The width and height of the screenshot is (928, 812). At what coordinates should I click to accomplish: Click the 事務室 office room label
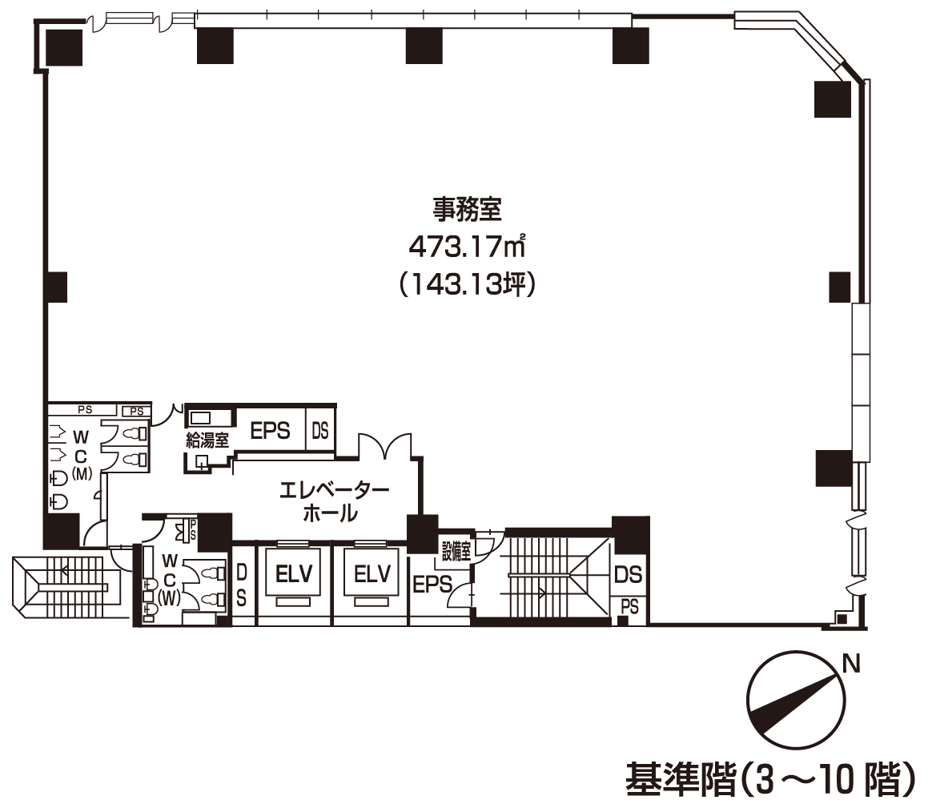(x=467, y=209)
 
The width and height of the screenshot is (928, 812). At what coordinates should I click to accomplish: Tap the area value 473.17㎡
(x=467, y=246)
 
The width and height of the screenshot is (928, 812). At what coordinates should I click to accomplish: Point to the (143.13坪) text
(x=467, y=284)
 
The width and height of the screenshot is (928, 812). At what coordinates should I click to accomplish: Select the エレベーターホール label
(x=333, y=500)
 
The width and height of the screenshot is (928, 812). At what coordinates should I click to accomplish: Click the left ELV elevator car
(x=294, y=573)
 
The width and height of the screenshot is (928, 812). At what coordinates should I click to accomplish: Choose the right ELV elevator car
(x=372, y=573)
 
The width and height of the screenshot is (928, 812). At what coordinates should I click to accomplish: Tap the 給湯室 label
(x=207, y=440)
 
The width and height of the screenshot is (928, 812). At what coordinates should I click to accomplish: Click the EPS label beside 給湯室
(x=270, y=430)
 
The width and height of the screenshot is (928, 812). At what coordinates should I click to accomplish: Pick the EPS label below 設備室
(x=432, y=585)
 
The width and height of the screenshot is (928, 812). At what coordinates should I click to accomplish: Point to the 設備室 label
(x=456, y=552)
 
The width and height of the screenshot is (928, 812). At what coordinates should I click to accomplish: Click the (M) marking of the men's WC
(x=81, y=473)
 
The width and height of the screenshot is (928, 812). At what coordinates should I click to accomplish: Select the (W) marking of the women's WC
(x=169, y=598)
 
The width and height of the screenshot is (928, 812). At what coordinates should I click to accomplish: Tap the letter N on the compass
(x=851, y=664)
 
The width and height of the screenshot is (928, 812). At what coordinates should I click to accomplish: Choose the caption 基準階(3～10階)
(x=770, y=779)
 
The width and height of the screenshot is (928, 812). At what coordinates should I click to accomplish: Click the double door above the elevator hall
(x=384, y=445)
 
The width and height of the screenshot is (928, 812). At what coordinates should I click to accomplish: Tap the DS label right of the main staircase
(x=628, y=574)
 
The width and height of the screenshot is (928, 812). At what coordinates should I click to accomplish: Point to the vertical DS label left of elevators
(x=242, y=585)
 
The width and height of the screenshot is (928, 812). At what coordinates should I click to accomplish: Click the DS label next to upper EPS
(x=320, y=430)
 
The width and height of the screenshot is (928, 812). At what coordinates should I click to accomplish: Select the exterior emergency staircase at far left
(x=67, y=587)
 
